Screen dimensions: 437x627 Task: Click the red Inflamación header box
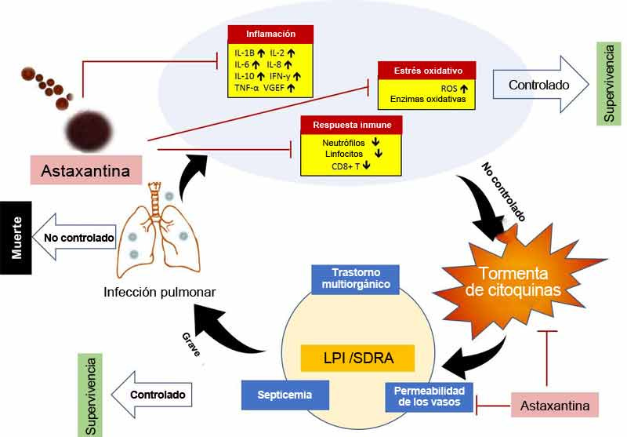(270, 34)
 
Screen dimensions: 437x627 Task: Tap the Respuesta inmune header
(352, 125)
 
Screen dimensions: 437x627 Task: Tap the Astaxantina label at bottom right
(554, 405)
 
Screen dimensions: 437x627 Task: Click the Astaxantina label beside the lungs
(85, 169)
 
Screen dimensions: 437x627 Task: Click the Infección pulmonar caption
(159, 293)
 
